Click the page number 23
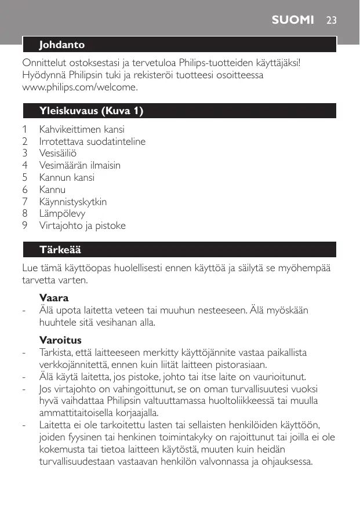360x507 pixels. (x=331, y=20)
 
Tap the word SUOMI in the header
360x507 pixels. (x=294, y=20)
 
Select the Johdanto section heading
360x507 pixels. (x=61, y=45)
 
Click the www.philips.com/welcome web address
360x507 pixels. (x=80, y=87)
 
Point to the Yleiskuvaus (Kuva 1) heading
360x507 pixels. (x=91, y=111)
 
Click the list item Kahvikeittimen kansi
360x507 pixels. (x=81, y=129)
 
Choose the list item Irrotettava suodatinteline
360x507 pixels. (x=92, y=141)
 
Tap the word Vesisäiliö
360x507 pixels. (x=57, y=154)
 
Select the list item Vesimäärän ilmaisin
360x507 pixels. (x=79, y=165)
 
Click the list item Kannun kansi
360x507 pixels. (x=66, y=177)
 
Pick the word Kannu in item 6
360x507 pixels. (x=52, y=189)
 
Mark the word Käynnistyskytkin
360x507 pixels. (x=72, y=202)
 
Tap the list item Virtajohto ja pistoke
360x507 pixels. (x=82, y=225)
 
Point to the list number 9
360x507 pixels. (x=25, y=225)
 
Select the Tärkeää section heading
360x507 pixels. (x=60, y=250)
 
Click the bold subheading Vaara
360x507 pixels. (x=54, y=298)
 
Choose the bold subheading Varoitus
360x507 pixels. (x=60, y=340)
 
